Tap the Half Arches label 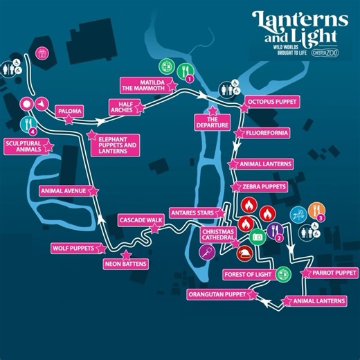125,107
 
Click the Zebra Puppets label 264,187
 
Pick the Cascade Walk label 141,219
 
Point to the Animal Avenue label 61,191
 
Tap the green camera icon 258,237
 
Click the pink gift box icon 42,53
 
